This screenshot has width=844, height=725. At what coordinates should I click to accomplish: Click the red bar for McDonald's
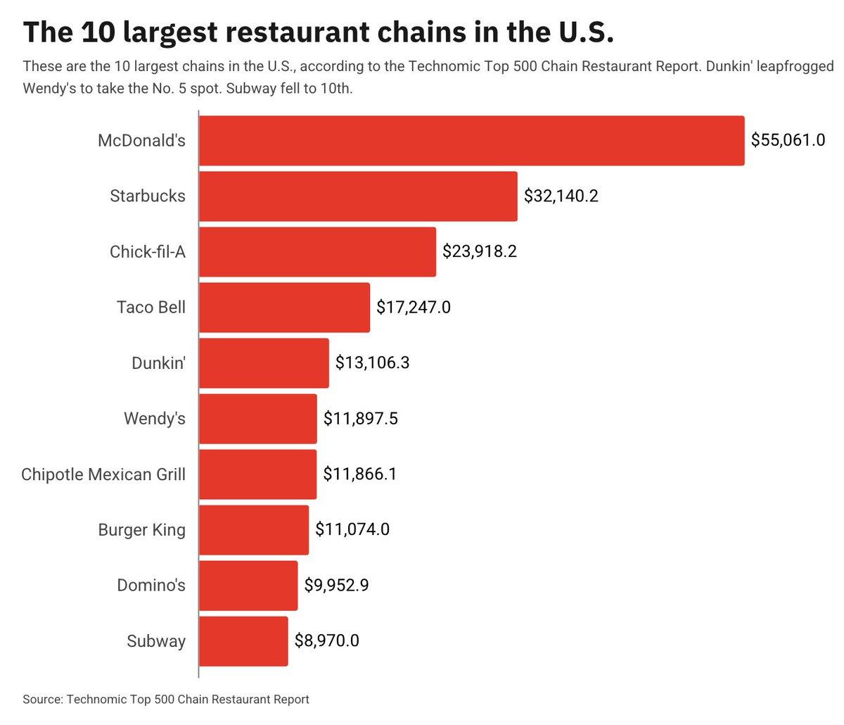tap(471, 141)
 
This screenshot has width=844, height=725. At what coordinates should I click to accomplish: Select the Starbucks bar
tap(358, 196)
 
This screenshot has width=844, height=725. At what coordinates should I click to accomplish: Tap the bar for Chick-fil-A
tap(317, 252)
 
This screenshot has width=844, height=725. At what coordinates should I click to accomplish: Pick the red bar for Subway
tap(243, 641)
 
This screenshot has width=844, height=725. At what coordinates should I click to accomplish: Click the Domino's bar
tap(248, 586)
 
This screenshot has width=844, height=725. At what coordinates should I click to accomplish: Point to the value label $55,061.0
tap(788, 140)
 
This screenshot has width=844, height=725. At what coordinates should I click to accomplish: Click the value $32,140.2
tap(561, 196)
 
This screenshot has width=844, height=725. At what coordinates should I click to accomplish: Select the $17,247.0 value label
tap(413, 308)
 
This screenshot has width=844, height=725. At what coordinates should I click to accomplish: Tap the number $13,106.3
tap(372, 363)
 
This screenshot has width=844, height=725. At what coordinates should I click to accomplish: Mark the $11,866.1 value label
tap(359, 474)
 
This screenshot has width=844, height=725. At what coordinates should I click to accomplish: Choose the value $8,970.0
tap(326, 641)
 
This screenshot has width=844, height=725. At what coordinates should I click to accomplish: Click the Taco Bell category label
tap(151, 308)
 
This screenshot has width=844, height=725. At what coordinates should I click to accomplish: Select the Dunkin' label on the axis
tap(158, 363)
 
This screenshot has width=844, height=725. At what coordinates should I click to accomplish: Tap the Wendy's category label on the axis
tap(155, 419)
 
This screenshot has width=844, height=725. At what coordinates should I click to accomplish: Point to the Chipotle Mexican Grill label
tap(103, 474)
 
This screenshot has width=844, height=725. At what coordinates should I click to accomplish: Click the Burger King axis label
tap(141, 530)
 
